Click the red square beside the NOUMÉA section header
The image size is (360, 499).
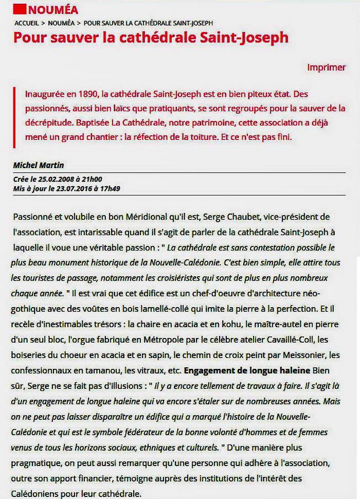(x=19, y=9)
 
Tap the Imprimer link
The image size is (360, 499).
(x=326, y=67)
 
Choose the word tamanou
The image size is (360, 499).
(x=110, y=370)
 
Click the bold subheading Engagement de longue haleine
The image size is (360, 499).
(x=247, y=370)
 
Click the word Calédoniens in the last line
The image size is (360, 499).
(x=40, y=493)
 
